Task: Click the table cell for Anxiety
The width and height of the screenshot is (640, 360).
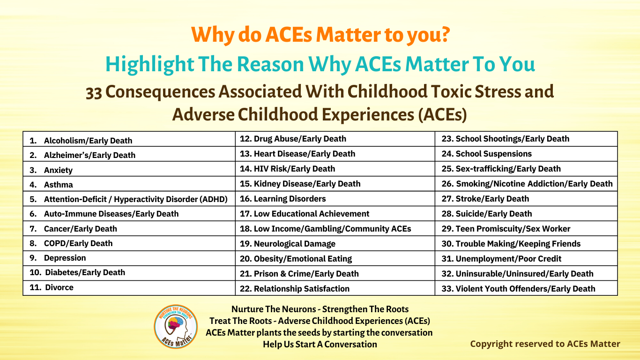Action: point(129,169)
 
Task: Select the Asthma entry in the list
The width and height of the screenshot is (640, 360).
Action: point(129,184)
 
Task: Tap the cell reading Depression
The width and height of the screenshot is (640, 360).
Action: point(129,258)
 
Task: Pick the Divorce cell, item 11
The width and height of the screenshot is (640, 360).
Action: point(129,288)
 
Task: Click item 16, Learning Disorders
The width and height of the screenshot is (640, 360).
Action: point(335,199)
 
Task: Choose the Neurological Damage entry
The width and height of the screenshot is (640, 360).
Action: point(335,244)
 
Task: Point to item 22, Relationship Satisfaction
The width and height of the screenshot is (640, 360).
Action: point(335,288)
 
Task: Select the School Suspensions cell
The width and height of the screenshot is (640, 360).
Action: point(526,154)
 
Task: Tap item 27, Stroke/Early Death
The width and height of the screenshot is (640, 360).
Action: point(526,199)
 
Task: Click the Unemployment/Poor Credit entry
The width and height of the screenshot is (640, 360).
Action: point(526,258)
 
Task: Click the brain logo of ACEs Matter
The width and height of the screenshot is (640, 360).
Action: point(176,327)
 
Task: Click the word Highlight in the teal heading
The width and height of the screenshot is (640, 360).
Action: point(150,64)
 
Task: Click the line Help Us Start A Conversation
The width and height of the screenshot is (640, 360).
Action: point(320,344)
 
